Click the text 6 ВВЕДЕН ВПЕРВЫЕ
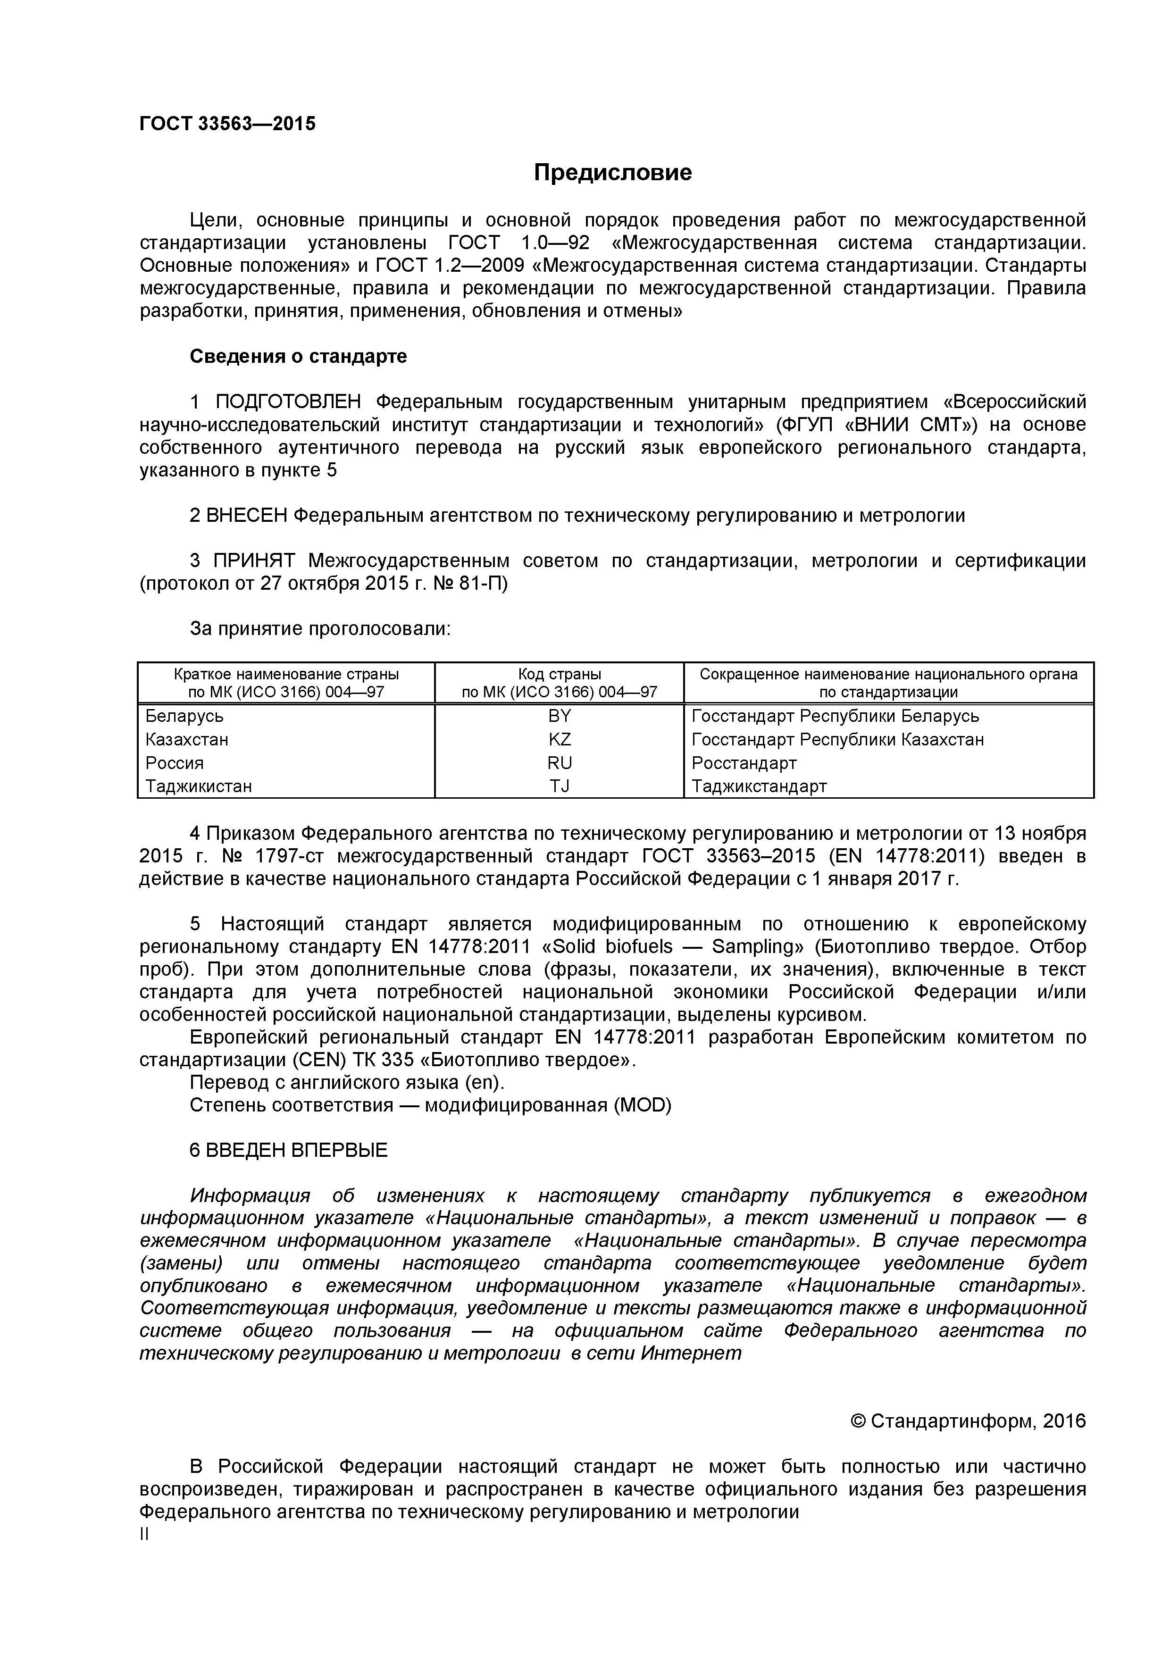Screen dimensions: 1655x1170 point(288,1150)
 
